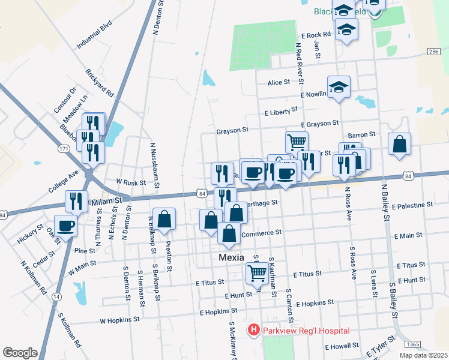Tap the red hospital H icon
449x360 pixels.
click(x=254, y=331)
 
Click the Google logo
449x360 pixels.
click(x=20, y=353)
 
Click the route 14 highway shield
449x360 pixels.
click(x=56, y=297)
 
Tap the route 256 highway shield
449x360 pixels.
click(x=433, y=53)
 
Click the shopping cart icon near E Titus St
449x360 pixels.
click(x=257, y=272)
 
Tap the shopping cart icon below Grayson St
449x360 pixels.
click(x=297, y=142)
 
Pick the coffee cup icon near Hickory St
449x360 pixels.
click(x=66, y=226)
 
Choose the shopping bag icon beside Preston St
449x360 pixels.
click(x=164, y=220)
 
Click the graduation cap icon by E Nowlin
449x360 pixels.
click(x=339, y=87)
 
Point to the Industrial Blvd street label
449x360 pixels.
click(x=94, y=37)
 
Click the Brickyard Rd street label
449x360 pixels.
click(x=100, y=83)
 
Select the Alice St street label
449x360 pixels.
click(x=279, y=82)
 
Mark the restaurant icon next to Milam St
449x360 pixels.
click(x=77, y=201)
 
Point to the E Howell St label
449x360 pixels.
click(x=342, y=347)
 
